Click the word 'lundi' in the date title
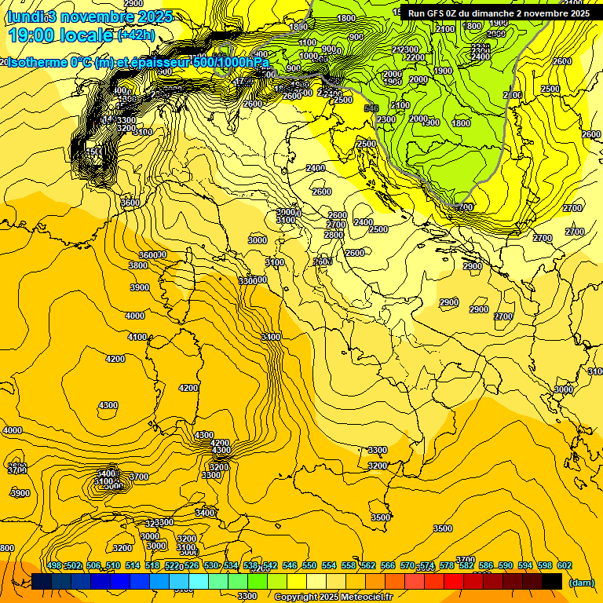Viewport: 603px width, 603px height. pos(24,16)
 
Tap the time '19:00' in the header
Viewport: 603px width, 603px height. pos(32,35)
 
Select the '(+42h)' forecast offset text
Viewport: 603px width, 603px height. pos(136,35)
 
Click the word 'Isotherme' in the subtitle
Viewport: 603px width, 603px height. pos(37,62)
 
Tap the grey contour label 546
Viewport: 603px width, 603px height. pos(371,108)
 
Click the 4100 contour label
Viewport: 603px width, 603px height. pos(137,337)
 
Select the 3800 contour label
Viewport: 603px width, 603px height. pos(137,265)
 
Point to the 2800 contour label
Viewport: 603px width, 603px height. pos(334,234)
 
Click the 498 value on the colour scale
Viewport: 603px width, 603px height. pos(54,565)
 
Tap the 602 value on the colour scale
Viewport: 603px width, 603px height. pos(564,565)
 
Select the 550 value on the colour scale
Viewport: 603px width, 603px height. pos(309,565)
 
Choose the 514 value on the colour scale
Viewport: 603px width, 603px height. pos(133,565)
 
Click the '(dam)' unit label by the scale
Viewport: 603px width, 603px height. pos(581,582)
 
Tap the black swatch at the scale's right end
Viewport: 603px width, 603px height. pos(552,581)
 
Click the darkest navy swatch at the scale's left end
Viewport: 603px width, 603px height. pos(42,581)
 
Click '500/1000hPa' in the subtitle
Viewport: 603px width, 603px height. pos(232,62)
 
